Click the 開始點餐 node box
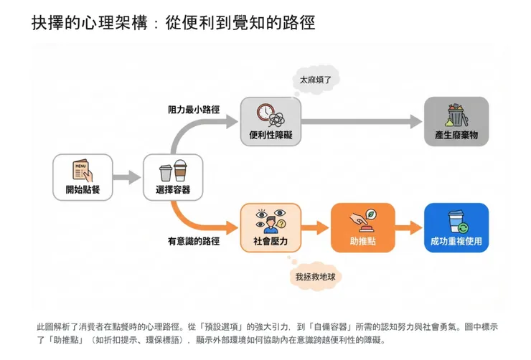tap(83, 177)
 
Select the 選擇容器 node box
tap(173, 177)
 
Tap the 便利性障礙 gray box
tap(270, 121)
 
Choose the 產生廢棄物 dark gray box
tap(456, 121)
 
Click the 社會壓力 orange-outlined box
tap(270, 227)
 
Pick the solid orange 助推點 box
tap(362, 227)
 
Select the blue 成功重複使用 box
tap(456, 227)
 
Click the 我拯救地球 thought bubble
tap(314, 275)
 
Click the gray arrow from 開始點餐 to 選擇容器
tap(127, 177)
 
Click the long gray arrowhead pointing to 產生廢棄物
tap(414, 121)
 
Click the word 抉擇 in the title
tap(47, 23)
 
